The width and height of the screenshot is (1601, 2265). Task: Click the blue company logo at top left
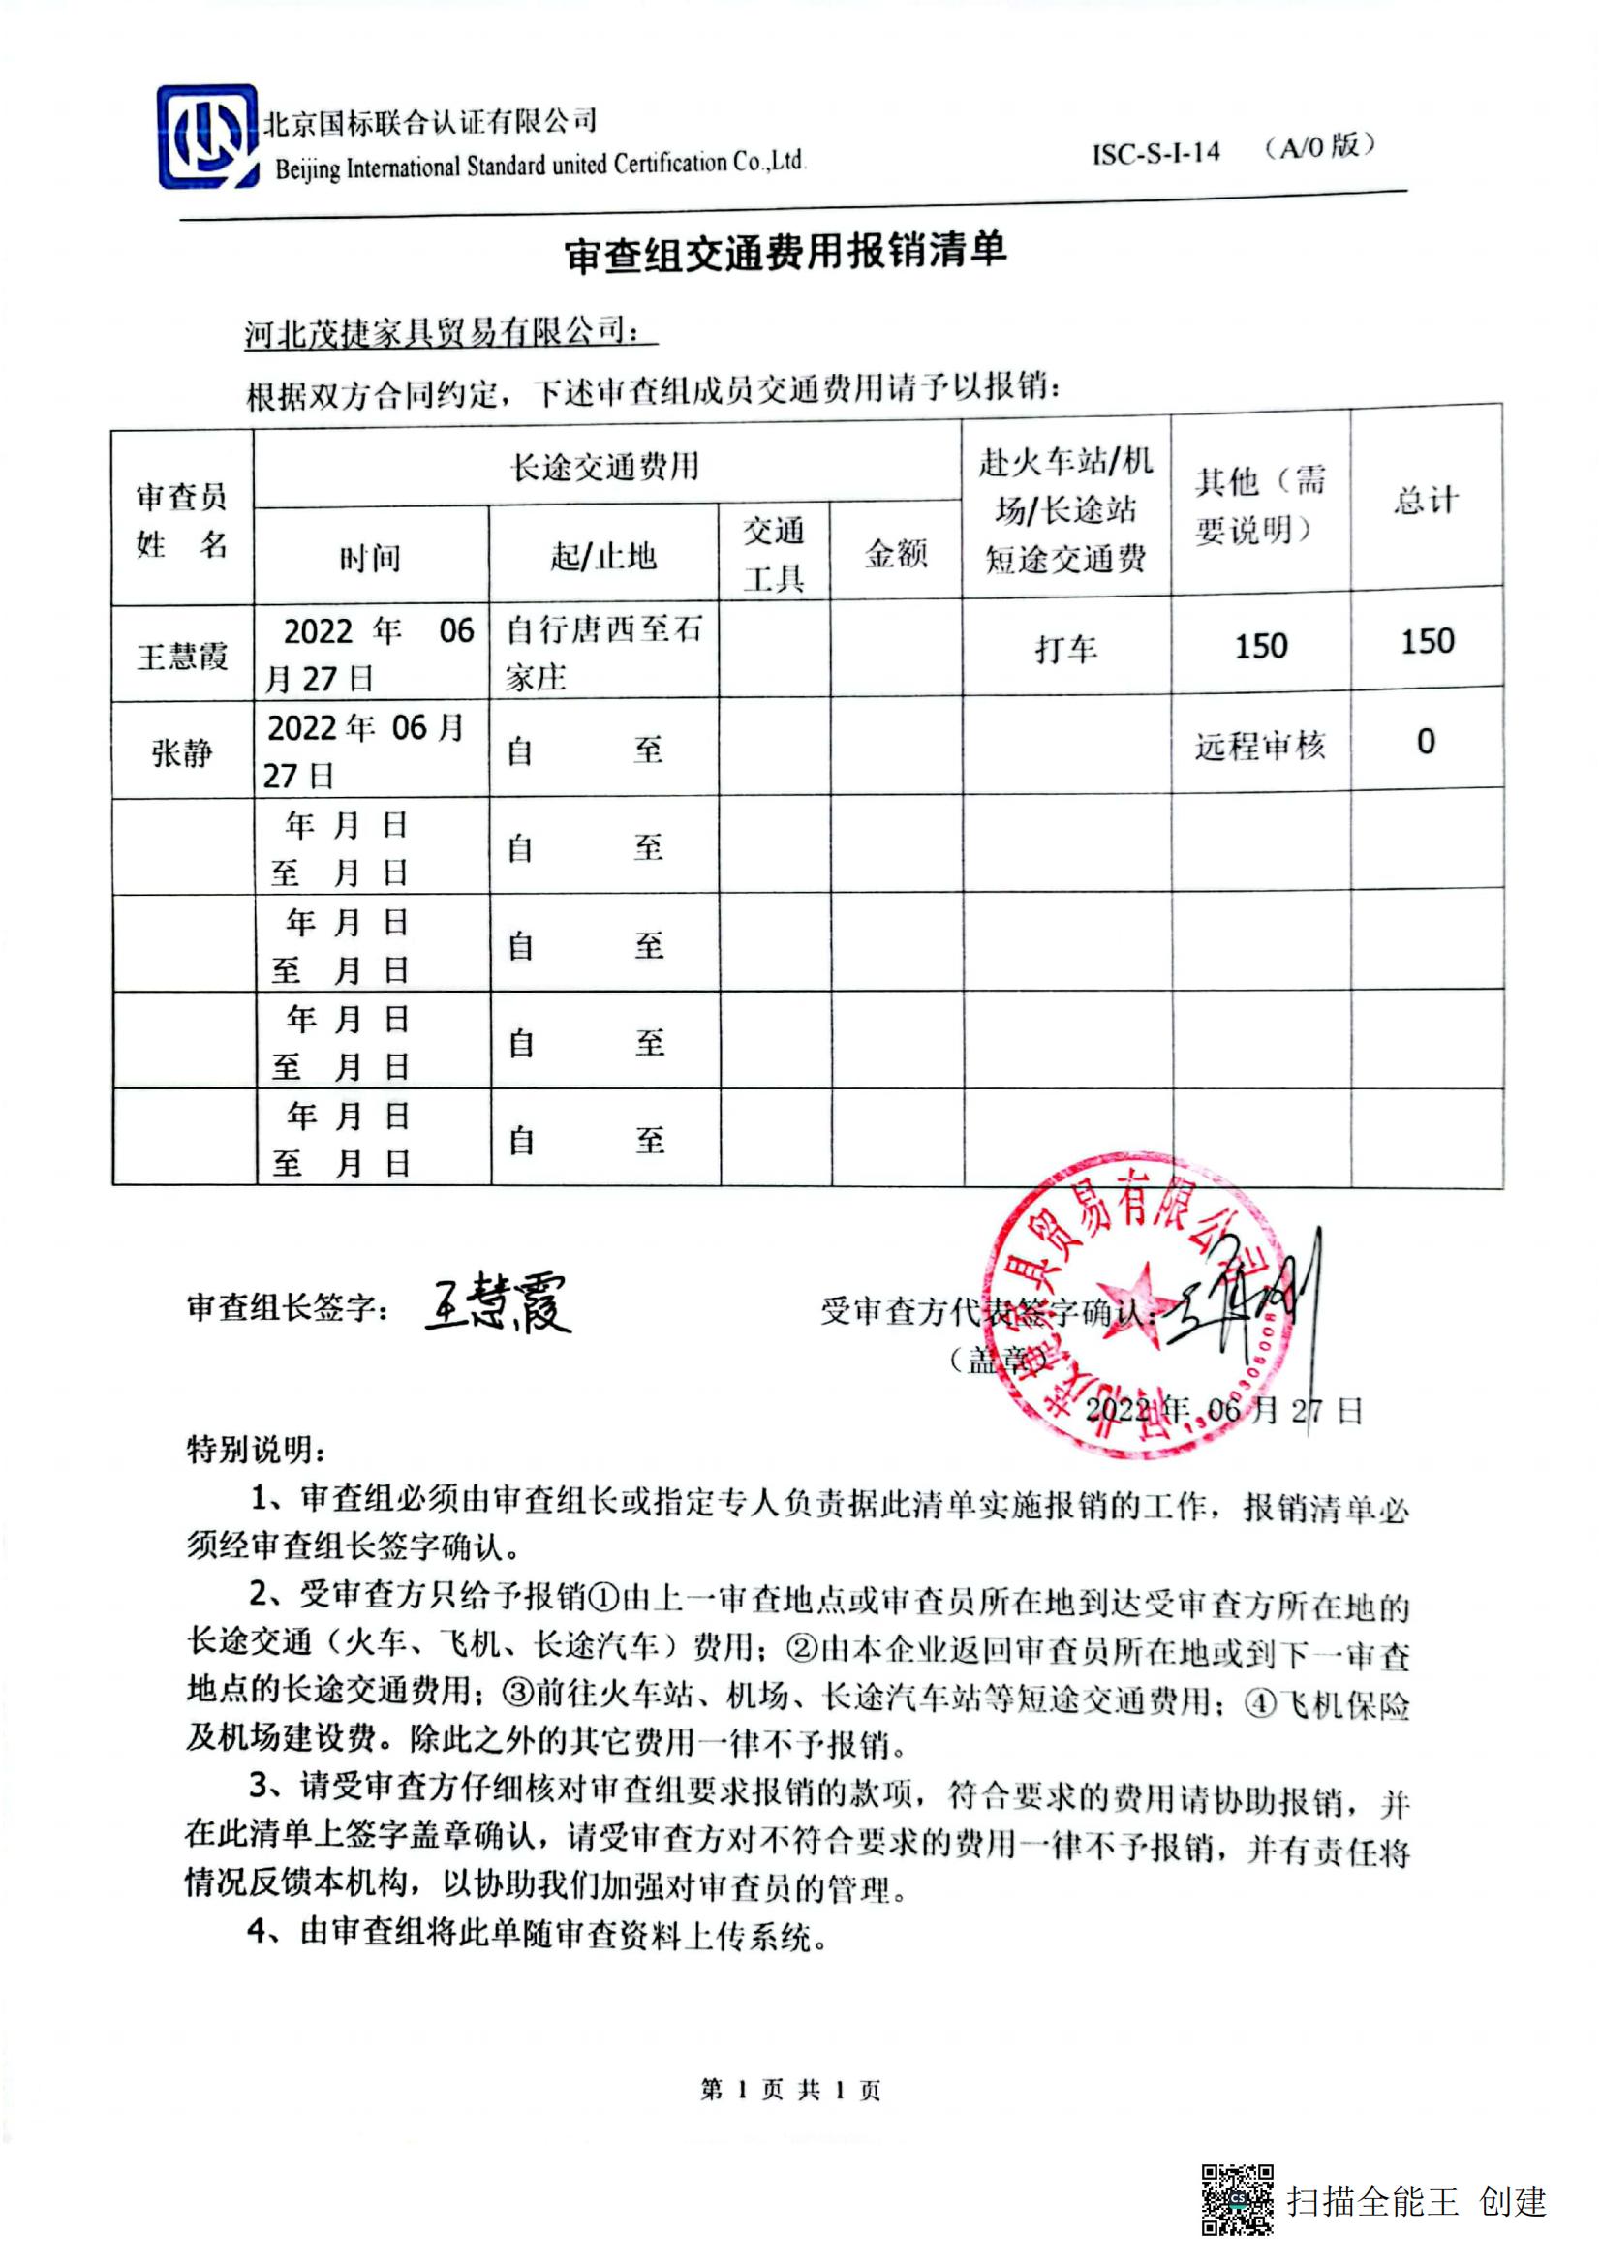tap(207, 137)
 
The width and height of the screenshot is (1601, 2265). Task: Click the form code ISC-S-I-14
tap(1155, 153)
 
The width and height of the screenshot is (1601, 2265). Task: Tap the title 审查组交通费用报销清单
tap(785, 253)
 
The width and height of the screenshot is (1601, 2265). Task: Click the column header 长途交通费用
tap(604, 467)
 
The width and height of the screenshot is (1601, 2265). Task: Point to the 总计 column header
tap(1426, 500)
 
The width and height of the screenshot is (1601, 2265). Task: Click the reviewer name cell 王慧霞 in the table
tap(182, 655)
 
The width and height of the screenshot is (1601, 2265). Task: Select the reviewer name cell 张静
tap(182, 752)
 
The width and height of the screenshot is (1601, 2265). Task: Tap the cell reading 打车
tap(1065, 649)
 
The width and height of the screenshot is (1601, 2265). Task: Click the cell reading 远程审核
tap(1260, 746)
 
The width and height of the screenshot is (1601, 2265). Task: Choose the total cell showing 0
tap(1426, 742)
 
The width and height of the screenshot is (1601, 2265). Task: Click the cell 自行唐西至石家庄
tap(602, 652)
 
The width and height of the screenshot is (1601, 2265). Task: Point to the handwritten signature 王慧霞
tap(499, 1304)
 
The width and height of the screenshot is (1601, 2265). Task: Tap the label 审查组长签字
tap(287, 1308)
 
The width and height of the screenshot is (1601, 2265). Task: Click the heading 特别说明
tap(257, 1450)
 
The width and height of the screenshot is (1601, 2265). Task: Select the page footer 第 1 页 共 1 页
tap(790, 2089)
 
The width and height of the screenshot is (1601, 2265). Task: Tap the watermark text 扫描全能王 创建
tap(1417, 2201)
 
